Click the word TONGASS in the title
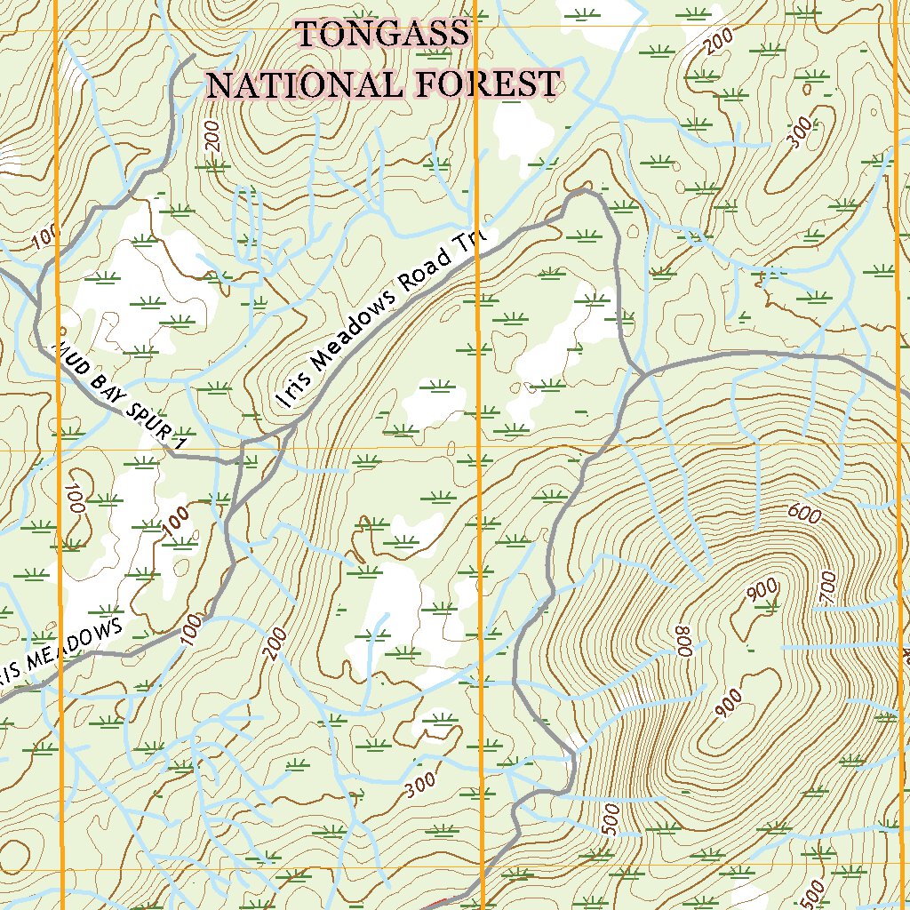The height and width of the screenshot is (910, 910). tap(382, 35)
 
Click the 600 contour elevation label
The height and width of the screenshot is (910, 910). tap(802, 513)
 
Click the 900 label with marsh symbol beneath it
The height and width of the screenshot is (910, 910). tap(763, 590)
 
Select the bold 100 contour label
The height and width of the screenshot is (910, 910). tap(176, 519)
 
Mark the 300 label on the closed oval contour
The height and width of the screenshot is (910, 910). tap(801, 133)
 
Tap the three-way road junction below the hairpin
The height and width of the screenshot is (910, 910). tap(642, 374)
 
